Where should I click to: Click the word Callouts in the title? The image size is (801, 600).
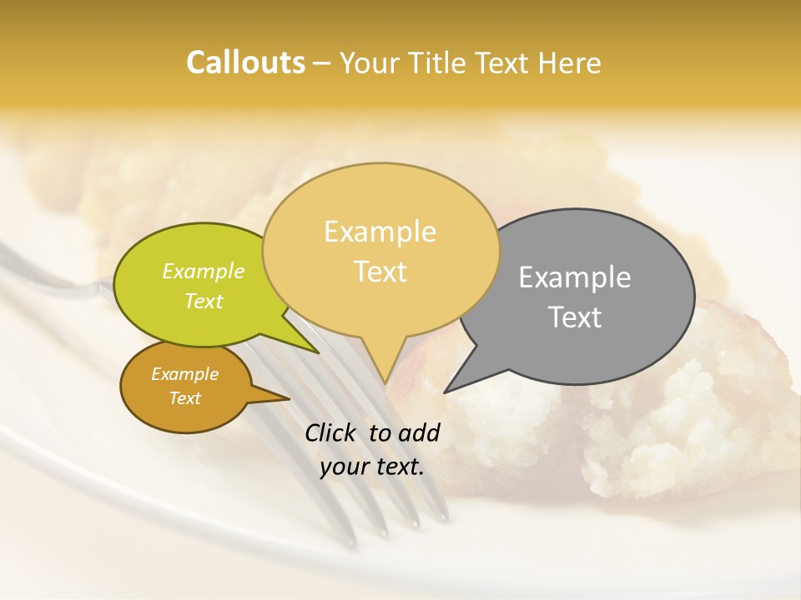[245, 62]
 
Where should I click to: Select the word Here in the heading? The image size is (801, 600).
[571, 62]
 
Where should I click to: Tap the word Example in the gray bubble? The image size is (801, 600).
[575, 277]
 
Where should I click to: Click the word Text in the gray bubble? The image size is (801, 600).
[575, 317]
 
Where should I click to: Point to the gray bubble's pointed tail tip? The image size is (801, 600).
[446, 392]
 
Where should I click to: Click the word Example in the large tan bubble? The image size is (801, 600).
[380, 232]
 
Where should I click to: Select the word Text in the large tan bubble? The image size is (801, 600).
[380, 272]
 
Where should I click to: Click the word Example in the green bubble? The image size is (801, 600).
[204, 271]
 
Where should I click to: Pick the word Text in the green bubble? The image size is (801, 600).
[204, 301]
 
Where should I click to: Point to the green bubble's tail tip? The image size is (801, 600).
[318, 352]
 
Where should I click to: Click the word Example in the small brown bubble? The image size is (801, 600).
[184, 374]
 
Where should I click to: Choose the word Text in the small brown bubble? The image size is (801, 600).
[184, 398]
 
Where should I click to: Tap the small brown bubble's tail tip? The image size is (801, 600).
[289, 398]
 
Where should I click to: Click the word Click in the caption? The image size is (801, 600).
[331, 432]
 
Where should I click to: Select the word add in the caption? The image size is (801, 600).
[420, 432]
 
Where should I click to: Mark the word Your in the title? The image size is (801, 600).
[368, 62]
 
